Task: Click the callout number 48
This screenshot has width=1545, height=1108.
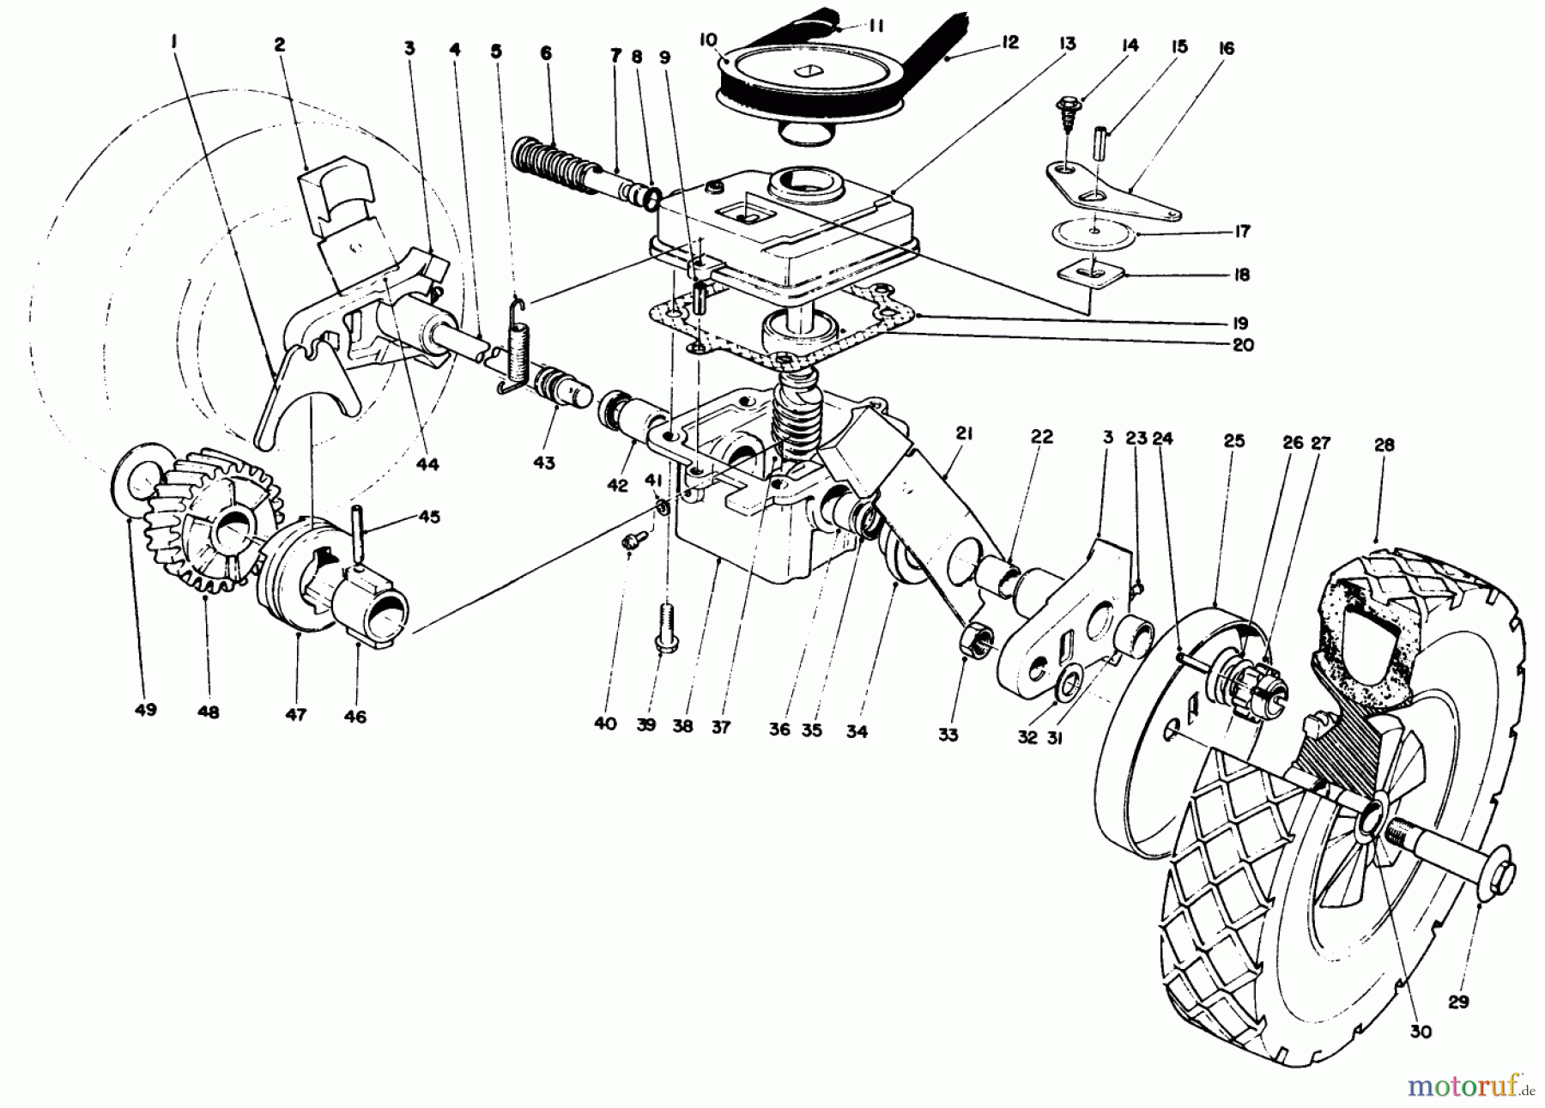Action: (208, 711)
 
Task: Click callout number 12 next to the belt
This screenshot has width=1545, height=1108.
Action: (1010, 43)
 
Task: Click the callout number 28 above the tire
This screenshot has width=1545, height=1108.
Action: (1384, 445)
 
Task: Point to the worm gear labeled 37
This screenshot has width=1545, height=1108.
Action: (797, 412)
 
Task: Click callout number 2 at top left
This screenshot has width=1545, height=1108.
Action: (280, 45)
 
